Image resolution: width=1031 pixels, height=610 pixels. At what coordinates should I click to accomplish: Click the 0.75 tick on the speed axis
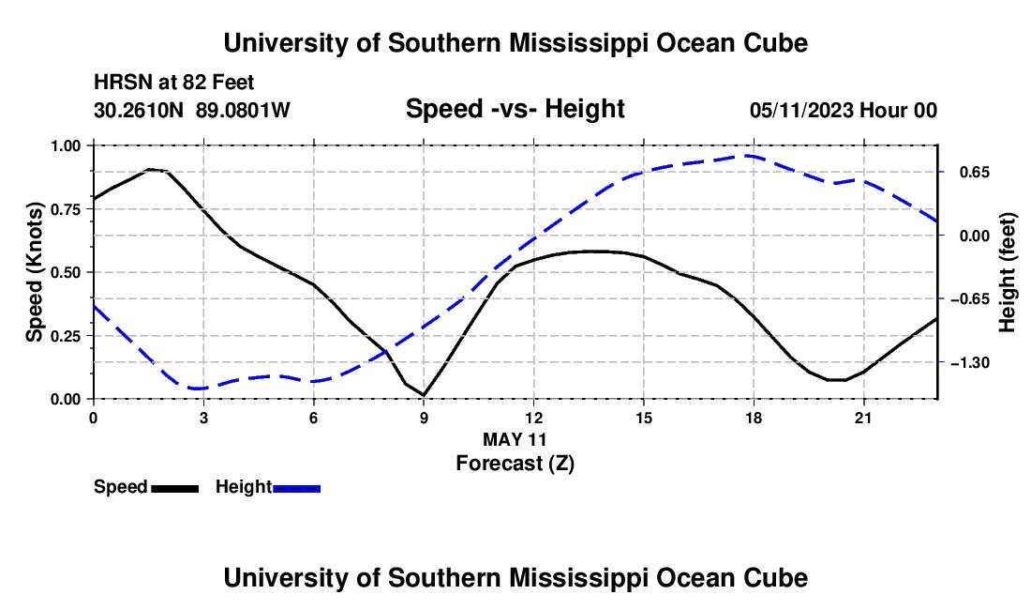coord(65,209)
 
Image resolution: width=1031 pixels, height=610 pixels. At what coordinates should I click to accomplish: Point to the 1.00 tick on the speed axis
coord(65,145)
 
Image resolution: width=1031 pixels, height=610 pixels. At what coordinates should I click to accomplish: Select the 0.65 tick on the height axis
coord(975,173)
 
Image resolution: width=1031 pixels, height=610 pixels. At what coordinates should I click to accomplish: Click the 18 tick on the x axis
coord(754,418)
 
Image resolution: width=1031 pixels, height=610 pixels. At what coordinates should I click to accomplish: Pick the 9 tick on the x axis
coord(424,418)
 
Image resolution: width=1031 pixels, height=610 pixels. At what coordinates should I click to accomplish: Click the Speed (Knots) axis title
coord(34,272)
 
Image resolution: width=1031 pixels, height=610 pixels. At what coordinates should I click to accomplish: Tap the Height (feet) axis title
coord(1008,272)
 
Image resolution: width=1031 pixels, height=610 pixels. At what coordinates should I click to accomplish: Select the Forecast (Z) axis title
coord(515,464)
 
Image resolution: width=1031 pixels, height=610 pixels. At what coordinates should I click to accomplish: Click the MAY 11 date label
coord(515,439)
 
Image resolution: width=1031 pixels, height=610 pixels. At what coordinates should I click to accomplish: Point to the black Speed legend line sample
coord(175,489)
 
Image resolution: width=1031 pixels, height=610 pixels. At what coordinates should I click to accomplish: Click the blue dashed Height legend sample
coord(296,489)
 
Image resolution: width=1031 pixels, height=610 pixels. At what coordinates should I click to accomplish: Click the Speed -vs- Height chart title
coord(515,109)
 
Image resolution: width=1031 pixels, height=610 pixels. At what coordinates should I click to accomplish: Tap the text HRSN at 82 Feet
coord(173,83)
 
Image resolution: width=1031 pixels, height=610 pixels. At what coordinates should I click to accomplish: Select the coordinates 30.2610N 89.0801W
coord(191,110)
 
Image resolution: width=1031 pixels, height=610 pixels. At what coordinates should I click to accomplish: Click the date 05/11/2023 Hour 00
coord(843,110)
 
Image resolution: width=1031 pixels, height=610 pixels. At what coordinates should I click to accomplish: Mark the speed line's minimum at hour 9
coord(424,395)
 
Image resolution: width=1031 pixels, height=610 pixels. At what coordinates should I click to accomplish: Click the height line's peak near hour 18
coord(748,156)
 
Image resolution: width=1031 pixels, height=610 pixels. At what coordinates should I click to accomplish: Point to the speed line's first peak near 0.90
coord(150,170)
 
